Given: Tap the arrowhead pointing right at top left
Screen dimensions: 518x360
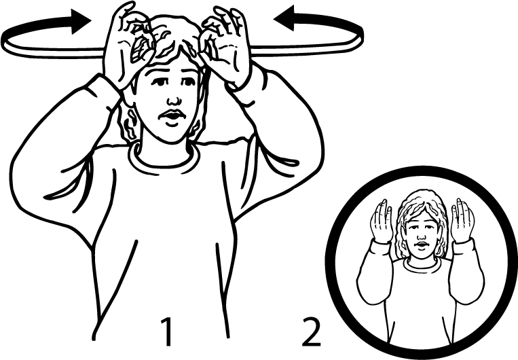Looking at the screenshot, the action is pos(81,22).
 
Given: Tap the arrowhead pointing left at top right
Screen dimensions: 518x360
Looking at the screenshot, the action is pos(284,18).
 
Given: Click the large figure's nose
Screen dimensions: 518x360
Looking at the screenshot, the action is pos(174,99).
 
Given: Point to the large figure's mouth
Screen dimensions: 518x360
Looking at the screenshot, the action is pos(171,115).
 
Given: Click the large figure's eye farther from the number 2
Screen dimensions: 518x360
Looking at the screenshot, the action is pos(160,82).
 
